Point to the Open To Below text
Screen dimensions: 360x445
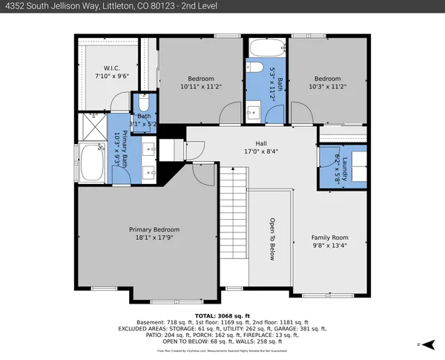pyautogui.click(x=272, y=239)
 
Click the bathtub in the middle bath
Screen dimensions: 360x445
pyautogui.click(x=265, y=50)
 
